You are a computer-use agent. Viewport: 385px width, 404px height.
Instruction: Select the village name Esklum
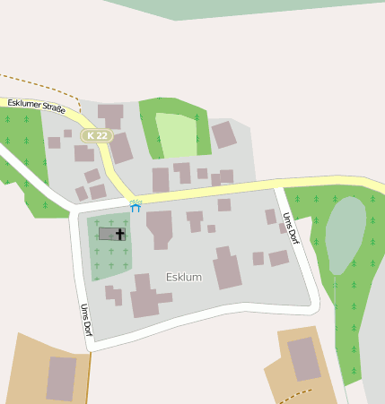pos(184,277)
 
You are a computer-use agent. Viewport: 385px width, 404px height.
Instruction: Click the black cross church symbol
pos(120,234)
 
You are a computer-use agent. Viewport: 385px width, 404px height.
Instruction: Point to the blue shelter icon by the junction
pos(136,206)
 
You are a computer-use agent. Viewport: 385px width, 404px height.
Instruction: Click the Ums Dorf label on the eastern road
pos(291,229)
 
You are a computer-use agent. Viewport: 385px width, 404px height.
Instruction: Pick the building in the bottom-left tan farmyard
pos(61,378)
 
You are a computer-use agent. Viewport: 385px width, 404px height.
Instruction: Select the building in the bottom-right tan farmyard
pos(303,358)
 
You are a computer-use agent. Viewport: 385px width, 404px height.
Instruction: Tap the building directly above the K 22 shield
pos(110,115)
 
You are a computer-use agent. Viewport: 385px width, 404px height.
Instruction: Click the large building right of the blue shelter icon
pos(160,228)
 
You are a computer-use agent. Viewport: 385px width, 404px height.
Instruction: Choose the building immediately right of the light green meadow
pos(223,135)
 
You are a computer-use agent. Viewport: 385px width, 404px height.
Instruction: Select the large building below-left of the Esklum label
pos(144,298)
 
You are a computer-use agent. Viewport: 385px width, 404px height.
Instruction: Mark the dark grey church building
pos(109,234)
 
